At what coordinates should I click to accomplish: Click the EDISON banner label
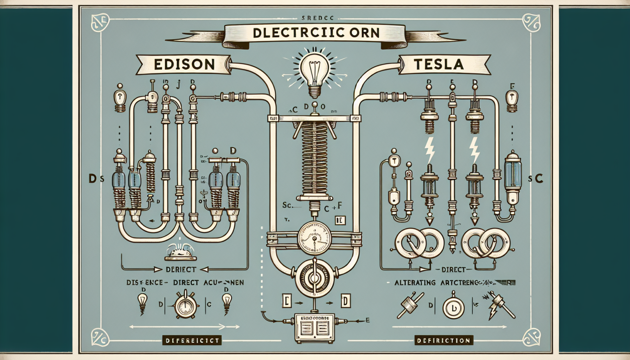coord(184,64)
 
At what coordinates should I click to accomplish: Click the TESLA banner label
coord(438,64)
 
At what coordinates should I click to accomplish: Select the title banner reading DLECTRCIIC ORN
coord(316,33)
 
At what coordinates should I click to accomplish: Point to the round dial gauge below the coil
coord(314,237)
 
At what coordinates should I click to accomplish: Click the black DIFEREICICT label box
coord(192,340)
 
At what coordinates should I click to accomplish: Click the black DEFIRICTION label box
coord(443,340)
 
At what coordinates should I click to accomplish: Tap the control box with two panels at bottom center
coord(315,327)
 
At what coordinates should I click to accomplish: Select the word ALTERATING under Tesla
coord(415,283)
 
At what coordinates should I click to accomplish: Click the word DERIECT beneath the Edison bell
coord(181,269)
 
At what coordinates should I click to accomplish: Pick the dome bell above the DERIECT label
coord(180,252)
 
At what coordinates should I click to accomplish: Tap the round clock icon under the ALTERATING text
coord(453,308)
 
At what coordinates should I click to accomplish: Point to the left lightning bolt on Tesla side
coord(429,150)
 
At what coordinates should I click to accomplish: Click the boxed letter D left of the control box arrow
coord(345,302)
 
